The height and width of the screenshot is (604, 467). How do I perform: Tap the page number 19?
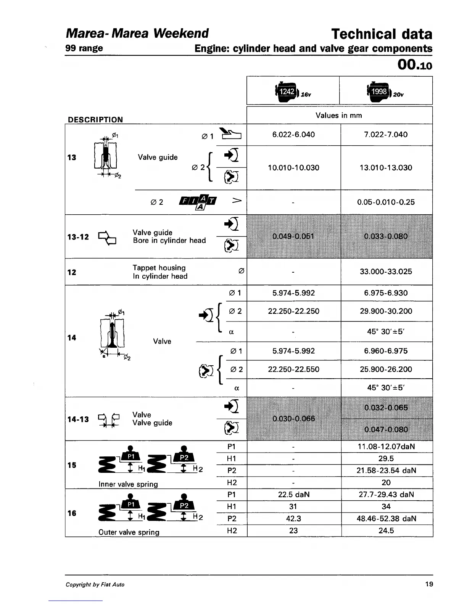pos(429,584)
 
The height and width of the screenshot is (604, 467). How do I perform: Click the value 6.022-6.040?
pos(293,135)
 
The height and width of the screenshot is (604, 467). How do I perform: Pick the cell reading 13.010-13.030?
pos(386,168)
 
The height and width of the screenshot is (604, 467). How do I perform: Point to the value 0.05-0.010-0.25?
pos(386,202)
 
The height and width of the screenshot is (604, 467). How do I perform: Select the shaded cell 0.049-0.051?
pos(293,236)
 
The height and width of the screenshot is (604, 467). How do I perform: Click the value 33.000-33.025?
pos(386,271)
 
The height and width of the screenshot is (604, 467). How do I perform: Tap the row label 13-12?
pos(78,237)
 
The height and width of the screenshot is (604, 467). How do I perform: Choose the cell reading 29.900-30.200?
pos(386,311)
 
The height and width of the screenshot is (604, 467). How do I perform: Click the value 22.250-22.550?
pos(293,369)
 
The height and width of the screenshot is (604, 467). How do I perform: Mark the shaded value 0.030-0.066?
pos(293,419)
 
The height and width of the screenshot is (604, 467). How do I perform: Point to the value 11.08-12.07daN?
pos(386,447)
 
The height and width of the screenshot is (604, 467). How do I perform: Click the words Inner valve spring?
pos(128,484)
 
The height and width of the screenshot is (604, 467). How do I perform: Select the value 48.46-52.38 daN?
pos(386,519)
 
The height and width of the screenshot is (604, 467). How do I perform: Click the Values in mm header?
pos(338,116)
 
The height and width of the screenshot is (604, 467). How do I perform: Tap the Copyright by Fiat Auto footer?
pos(95,585)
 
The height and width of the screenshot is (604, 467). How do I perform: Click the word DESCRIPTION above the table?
pos(95,120)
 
